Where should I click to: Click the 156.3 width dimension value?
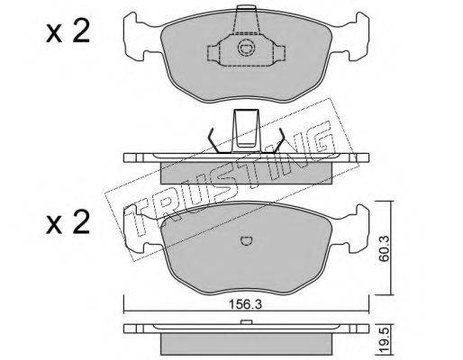246,304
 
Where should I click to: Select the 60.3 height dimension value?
384,248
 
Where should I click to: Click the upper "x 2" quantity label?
68,32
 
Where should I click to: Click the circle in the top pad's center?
247,48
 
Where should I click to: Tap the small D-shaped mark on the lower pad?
247,240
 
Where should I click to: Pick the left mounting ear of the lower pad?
137,228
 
